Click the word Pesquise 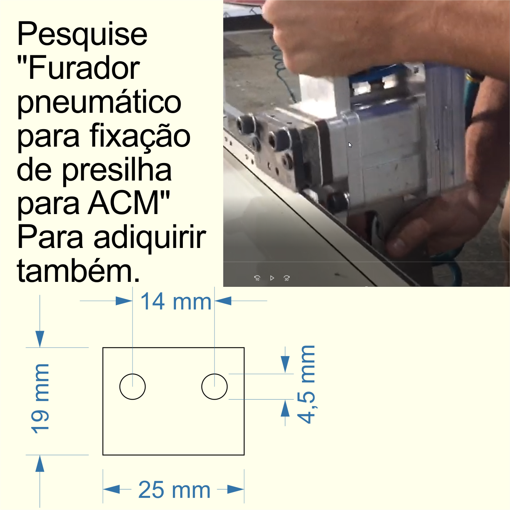pos(82,34)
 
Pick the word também pos(78,271)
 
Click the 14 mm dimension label pos(176,302)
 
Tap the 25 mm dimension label pos(174,490)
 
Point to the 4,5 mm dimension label pos(307,385)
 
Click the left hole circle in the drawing pos(133,387)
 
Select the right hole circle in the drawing pos(214,387)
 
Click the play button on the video pos(272,278)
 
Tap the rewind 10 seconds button pos(257,278)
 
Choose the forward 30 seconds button pos(286,278)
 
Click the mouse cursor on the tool pos(350,144)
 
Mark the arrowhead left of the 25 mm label pos(112,489)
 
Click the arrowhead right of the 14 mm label pos(223,301)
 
